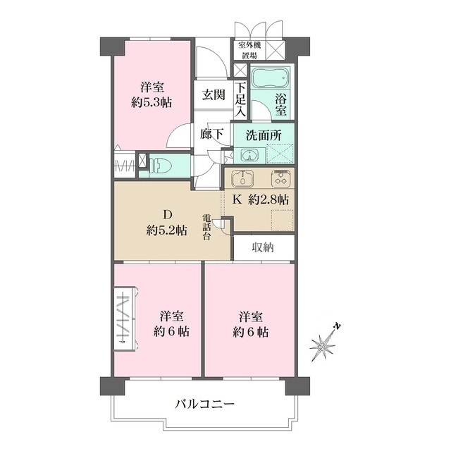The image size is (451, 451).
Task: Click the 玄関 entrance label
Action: (x=214, y=95)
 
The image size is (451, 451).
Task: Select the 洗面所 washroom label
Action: (x=263, y=134)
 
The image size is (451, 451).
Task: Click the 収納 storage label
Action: (x=262, y=247)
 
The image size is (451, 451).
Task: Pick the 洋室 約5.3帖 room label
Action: (x=152, y=94)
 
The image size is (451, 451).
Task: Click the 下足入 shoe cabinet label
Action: (x=240, y=99)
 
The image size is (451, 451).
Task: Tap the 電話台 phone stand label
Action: (x=207, y=227)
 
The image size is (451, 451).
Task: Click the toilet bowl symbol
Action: (x=159, y=165)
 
